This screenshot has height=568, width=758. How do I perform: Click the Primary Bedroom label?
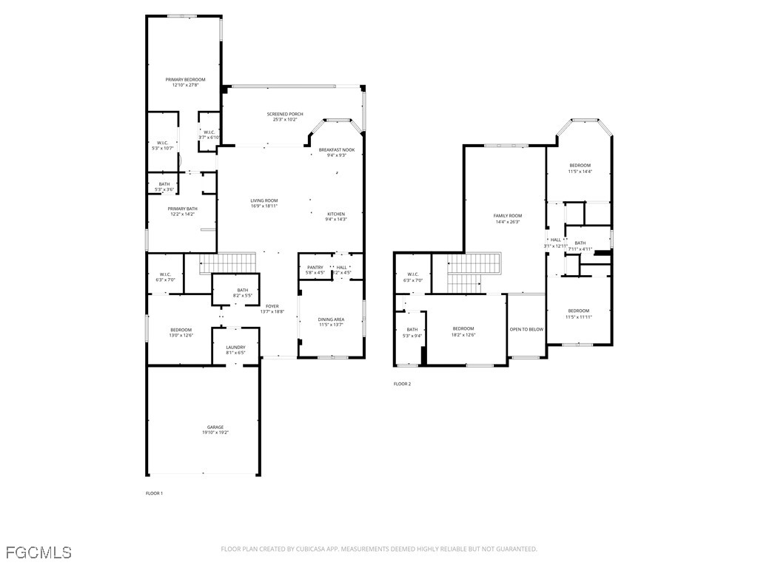click(x=185, y=79)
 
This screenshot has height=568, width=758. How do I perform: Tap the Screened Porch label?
click(x=285, y=114)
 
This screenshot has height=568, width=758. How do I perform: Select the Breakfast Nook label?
click(x=337, y=149)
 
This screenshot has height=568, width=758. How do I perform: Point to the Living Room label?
click(x=264, y=200)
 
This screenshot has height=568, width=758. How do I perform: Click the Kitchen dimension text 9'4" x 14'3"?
click(x=336, y=219)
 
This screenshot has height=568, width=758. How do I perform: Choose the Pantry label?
click(x=315, y=268)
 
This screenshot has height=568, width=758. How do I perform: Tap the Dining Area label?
click(x=331, y=319)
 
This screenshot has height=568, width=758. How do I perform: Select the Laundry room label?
click(x=235, y=347)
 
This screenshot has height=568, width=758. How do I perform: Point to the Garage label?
click(x=215, y=427)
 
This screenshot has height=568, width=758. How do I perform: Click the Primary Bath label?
click(x=182, y=209)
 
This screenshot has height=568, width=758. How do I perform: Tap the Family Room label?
click(x=508, y=215)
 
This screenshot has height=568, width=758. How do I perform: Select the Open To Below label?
click(x=526, y=329)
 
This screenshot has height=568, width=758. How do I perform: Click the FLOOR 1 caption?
click(x=154, y=493)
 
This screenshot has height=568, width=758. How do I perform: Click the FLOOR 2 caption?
click(x=402, y=384)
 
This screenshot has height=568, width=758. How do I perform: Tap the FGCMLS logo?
click(x=38, y=552)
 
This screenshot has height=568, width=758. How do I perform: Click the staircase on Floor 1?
click(x=228, y=263)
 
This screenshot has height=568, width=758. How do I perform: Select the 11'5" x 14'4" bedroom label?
click(x=580, y=165)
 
